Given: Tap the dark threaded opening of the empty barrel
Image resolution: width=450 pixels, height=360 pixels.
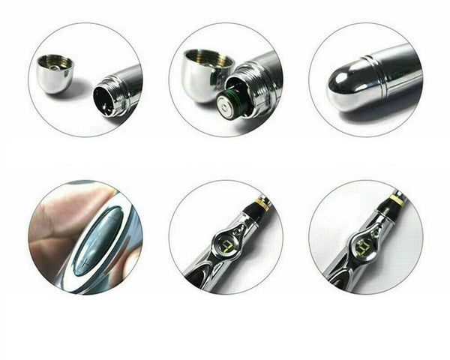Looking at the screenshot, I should tap(105, 100).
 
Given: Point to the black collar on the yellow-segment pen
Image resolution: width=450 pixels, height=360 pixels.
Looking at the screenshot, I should tap(391, 211).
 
